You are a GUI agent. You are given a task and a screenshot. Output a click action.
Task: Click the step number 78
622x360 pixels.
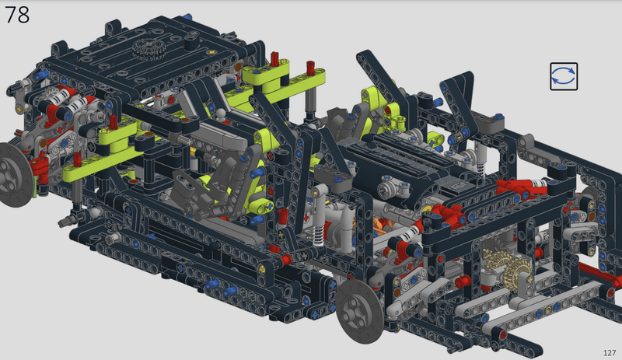point(17,14)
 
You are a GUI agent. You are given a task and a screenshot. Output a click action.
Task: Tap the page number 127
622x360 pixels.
point(610,352)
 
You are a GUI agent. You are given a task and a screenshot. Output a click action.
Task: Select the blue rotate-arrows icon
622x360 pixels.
point(564,76)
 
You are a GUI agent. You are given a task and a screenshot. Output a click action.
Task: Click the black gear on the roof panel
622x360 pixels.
point(149,49)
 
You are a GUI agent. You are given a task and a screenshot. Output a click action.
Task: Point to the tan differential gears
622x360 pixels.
point(507,265)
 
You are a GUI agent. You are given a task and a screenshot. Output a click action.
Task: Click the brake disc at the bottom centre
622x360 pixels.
point(359,311)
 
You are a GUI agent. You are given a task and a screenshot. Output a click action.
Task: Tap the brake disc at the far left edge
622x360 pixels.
point(14,175)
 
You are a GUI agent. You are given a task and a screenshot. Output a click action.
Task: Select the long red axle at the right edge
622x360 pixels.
point(599,274)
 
